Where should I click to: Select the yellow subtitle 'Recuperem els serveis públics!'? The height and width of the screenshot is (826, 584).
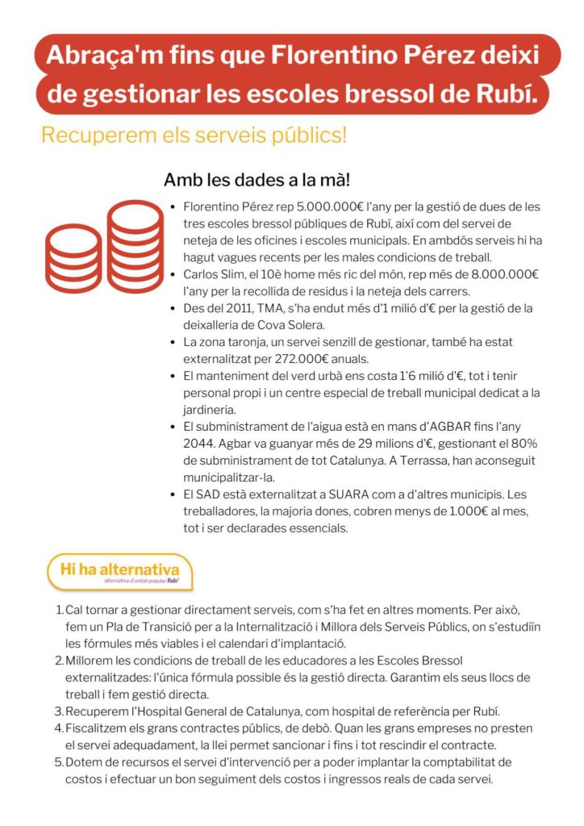[x=194, y=135]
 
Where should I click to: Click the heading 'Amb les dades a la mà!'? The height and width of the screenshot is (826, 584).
[x=257, y=179]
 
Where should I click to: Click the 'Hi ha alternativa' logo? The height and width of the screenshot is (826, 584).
[x=120, y=571]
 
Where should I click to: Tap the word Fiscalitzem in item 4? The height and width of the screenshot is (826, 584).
[x=97, y=728]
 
